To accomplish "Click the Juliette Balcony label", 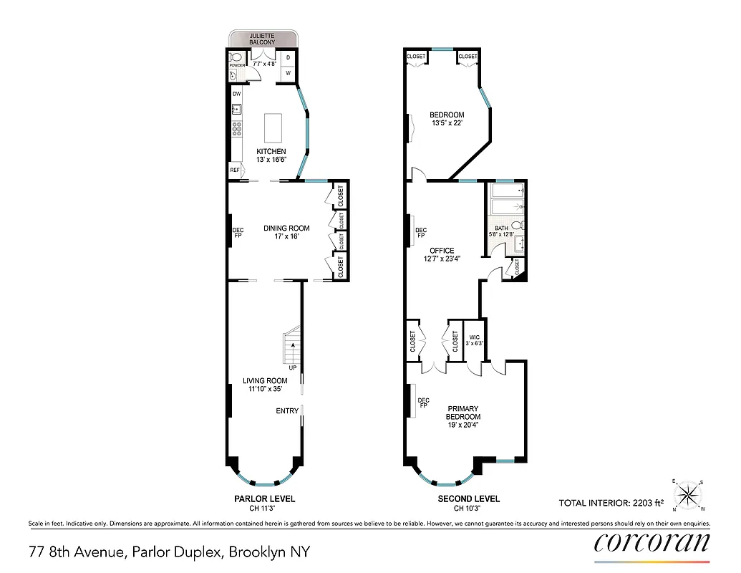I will point(262,39).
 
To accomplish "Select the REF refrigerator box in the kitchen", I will point(235,170).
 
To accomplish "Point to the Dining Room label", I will point(286,228).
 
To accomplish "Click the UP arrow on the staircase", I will point(292,346).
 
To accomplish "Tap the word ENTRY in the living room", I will point(287,410).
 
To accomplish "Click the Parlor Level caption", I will point(264,499).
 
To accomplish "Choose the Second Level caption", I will point(468,499).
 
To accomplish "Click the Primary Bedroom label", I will point(462,413).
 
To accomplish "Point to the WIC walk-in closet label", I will point(474,337).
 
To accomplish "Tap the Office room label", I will point(442,251).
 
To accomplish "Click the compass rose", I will point(688,493).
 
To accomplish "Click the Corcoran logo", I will point(652,543).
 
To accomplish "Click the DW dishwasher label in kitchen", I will point(236,93).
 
